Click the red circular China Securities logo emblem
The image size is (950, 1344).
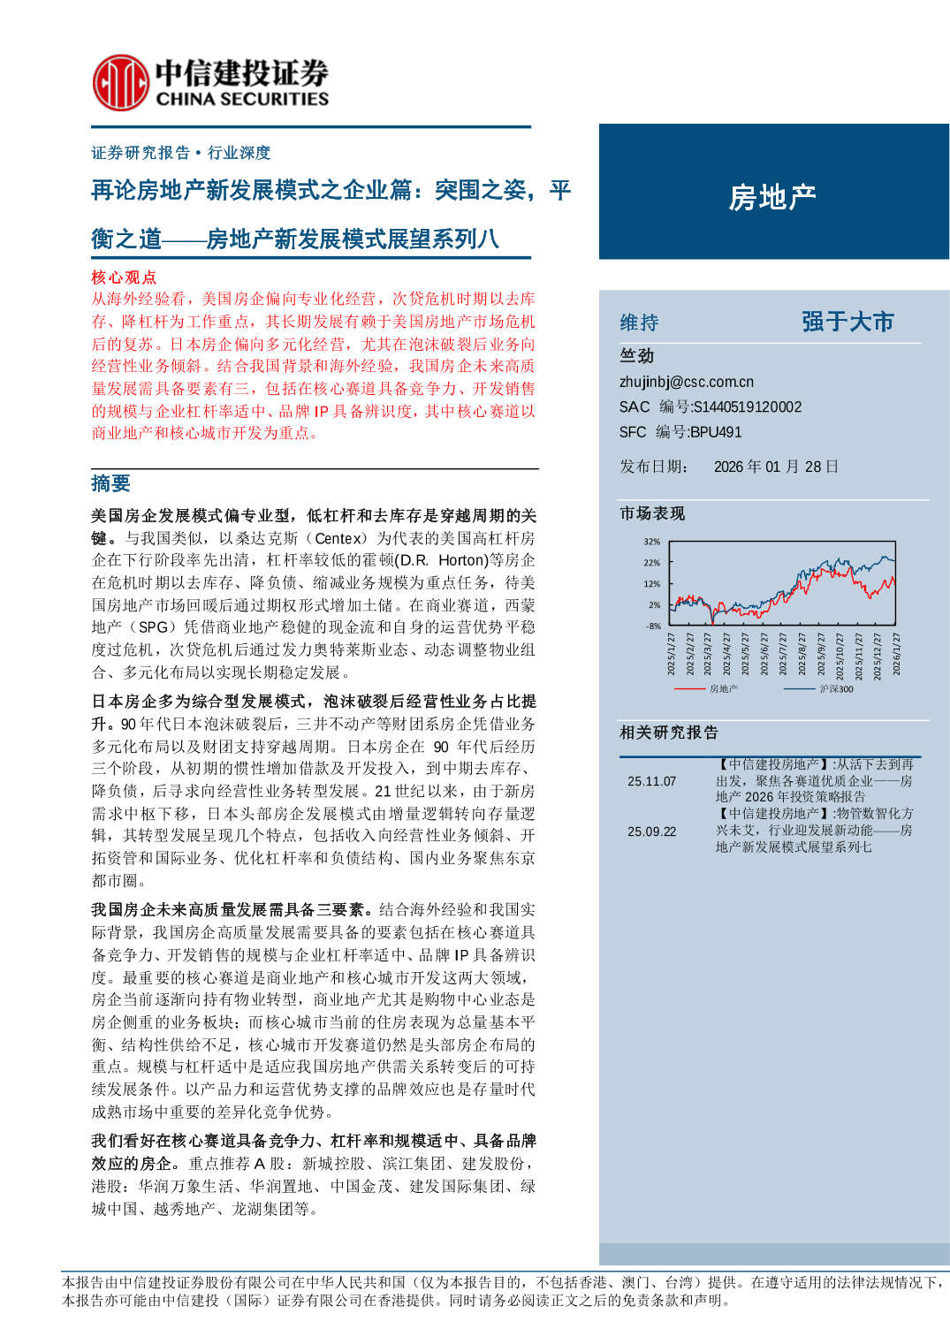(x=120, y=82)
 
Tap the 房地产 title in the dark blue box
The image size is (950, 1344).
(x=772, y=197)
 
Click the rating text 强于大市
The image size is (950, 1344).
(x=847, y=322)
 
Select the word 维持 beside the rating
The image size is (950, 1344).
(x=639, y=323)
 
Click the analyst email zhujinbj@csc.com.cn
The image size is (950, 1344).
(x=686, y=382)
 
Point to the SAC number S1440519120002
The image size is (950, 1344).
(x=747, y=406)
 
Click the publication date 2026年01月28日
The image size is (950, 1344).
(x=775, y=467)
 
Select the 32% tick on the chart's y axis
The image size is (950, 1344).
(x=651, y=542)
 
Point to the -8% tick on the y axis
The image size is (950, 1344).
(x=652, y=626)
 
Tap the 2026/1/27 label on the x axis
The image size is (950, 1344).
(x=896, y=654)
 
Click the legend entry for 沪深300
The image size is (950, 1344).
(x=835, y=689)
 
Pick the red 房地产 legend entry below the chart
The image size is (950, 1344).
(x=723, y=689)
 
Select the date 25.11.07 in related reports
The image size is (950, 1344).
(x=651, y=781)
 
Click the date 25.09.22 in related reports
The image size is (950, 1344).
(x=651, y=831)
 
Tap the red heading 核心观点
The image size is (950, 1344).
(x=124, y=277)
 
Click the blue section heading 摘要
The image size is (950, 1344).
(x=110, y=483)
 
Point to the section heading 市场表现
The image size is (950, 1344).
(x=651, y=513)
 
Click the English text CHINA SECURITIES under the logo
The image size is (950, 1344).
(x=242, y=99)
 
